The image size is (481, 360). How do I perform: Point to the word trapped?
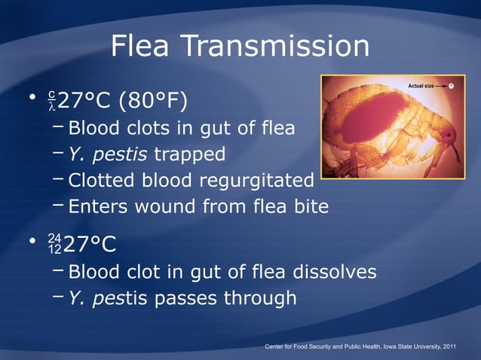(x=189, y=154)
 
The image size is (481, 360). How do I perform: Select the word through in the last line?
(x=260, y=298)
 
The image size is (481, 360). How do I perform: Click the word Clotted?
(x=106, y=181)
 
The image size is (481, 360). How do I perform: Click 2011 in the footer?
(x=449, y=346)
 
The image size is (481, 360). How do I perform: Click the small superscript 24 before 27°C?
(x=54, y=238)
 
